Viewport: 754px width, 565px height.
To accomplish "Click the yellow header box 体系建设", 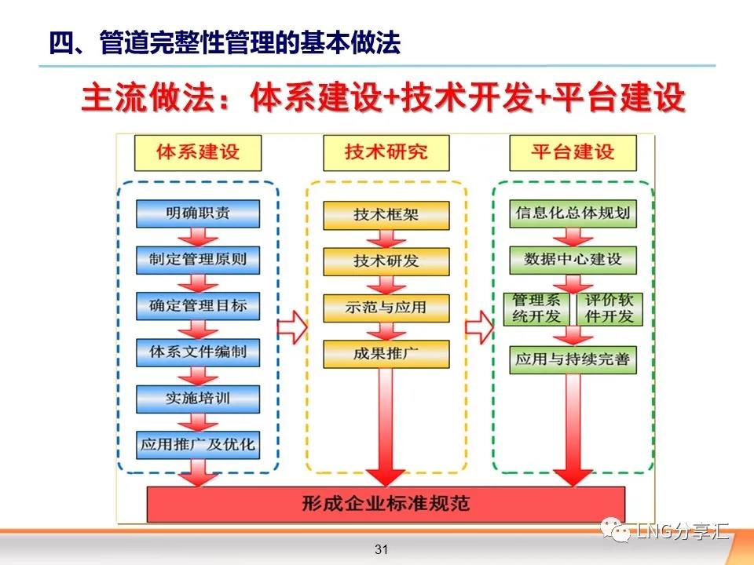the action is pos(198,153).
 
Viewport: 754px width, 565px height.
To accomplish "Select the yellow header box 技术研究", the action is pos(386,153).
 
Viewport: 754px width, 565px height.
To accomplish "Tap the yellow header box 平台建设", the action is pos(573,153).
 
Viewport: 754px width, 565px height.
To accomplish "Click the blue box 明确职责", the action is pos(198,213).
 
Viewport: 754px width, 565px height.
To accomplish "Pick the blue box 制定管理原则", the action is pos(198,260).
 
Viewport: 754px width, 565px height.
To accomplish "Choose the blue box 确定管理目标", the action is pos(198,306).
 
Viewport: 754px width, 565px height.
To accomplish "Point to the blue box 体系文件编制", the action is pos(198,352).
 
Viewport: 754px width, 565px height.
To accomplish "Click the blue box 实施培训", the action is pos(198,399).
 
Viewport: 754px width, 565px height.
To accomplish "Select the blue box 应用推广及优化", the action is pos(198,445).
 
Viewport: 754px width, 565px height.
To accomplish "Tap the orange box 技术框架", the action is pos(386,215).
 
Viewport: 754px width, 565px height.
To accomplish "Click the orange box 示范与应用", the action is pos(386,308).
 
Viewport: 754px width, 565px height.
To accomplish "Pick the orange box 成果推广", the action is pos(386,354).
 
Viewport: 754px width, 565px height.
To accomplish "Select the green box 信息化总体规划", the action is pos(573,213).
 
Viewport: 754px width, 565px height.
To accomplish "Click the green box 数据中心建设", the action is pos(573,260).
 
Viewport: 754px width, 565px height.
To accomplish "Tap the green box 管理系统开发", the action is pos(536,309).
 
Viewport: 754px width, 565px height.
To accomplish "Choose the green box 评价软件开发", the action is pos(609,309).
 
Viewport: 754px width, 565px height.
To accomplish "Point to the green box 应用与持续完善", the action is pos(573,360).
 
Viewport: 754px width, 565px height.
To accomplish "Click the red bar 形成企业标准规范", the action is pos(386,504).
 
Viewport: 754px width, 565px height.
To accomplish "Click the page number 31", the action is pos(382,549).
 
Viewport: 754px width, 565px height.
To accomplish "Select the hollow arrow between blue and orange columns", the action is pos(292,327).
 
